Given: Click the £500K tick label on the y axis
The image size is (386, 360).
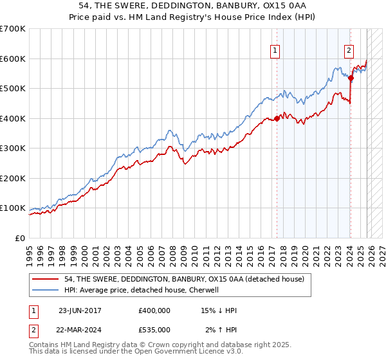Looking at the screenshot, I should pyautogui.click(x=12, y=89).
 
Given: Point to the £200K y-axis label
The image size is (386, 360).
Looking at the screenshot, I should pyautogui.click(x=12, y=178).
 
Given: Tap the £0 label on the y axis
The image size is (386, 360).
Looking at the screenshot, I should pyautogui.click(x=19, y=238).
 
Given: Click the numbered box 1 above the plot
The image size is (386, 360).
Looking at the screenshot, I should pyautogui.click(x=275, y=51).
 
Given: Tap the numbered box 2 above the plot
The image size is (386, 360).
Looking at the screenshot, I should pyautogui.click(x=349, y=51).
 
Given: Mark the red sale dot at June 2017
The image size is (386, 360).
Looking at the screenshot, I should pyautogui.click(x=277, y=118).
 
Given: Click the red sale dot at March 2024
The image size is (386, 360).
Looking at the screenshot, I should pyautogui.click(x=351, y=78).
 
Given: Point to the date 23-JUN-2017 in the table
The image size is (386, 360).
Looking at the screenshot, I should pyautogui.click(x=80, y=310).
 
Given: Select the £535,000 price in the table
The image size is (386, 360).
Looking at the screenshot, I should pyautogui.click(x=154, y=329).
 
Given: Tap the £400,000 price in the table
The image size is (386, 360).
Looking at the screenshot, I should pyautogui.click(x=154, y=310).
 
